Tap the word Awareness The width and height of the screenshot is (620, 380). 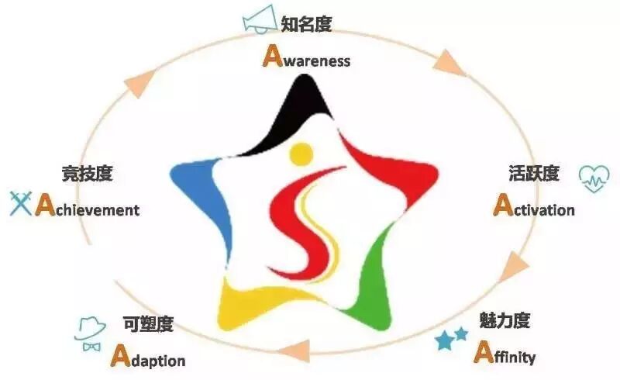pyautogui.click(x=307, y=57)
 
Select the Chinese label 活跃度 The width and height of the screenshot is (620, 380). pyautogui.click(x=533, y=174)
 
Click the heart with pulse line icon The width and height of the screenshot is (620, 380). pyautogui.click(x=594, y=179)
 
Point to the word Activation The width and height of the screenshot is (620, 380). pyautogui.click(x=534, y=207)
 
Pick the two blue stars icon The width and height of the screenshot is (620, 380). pyautogui.click(x=451, y=338)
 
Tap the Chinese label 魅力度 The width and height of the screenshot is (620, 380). pyautogui.click(x=505, y=320)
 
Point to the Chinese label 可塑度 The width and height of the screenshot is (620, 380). pyautogui.click(x=148, y=323)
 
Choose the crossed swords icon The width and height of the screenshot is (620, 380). pyautogui.click(x=20, y=204)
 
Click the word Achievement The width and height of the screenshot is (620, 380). pyautogui.click(x=88, y=208)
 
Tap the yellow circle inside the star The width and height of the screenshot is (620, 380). pyautogui.click(x=301, y=154)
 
